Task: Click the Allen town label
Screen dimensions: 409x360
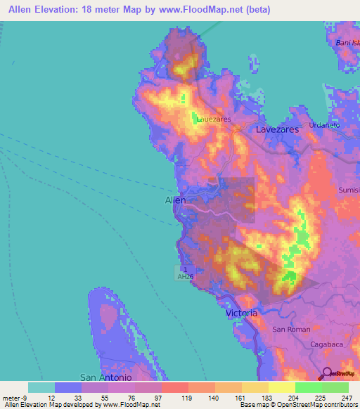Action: [175, 200]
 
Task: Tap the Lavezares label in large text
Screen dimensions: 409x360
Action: [277, 130]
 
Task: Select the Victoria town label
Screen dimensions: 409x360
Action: [242, 313]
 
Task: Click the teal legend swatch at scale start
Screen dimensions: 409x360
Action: [41, 387]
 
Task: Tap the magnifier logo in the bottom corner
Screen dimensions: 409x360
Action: [327, 374]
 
